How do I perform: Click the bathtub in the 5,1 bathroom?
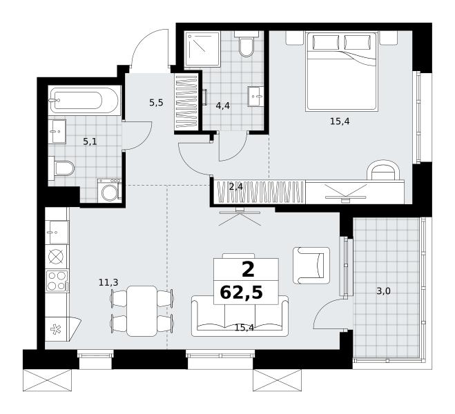(85, 100)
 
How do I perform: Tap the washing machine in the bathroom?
(109, 190)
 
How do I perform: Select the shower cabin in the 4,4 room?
(202, 49)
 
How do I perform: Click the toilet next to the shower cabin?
(246, 44)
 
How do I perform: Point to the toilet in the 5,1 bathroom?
(61, 168)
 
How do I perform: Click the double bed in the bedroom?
(342, 71)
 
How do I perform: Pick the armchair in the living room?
(311, 265)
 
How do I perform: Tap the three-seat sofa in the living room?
(240, 316)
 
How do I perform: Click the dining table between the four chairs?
(142, 311)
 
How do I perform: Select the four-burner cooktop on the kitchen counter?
(57, 281)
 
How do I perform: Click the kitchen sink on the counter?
(57, 233)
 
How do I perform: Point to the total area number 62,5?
(242, 293)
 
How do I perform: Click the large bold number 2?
(248, 269)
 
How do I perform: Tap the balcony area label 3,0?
(383, 291)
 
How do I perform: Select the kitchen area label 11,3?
(108, 282)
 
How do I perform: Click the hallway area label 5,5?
(157, 103)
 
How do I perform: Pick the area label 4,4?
(222, 106)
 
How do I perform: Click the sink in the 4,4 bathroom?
(255, 96)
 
